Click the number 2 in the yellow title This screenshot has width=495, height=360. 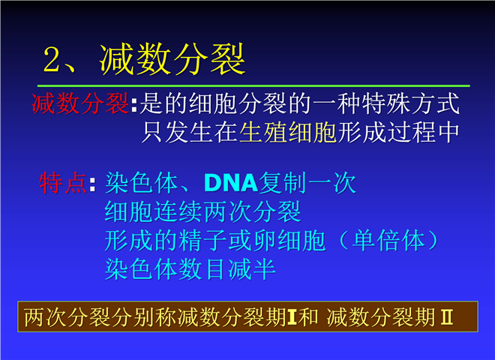point(52,59)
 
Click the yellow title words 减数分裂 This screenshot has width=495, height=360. point(172,59)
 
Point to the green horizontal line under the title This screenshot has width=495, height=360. point(253,85)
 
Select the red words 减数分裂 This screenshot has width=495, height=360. point(80,103)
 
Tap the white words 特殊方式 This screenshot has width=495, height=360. point(411,103)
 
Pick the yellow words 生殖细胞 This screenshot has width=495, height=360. point(288,132)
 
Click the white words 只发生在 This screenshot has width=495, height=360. point(190,132)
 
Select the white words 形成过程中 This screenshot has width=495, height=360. point(398,132)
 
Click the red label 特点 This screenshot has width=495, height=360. point(63,182)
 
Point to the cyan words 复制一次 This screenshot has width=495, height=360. point(307,182)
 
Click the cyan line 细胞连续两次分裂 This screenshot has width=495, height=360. point(203,211)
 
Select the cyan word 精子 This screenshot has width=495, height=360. point(203,240)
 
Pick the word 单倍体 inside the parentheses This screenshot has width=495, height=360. point(388,240)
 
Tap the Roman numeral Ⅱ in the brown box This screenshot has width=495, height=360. point(447,316)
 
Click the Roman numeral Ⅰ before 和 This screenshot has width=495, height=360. point(292,316)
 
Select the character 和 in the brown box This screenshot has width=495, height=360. point(308,316)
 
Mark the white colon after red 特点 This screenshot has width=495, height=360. point(92,184)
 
